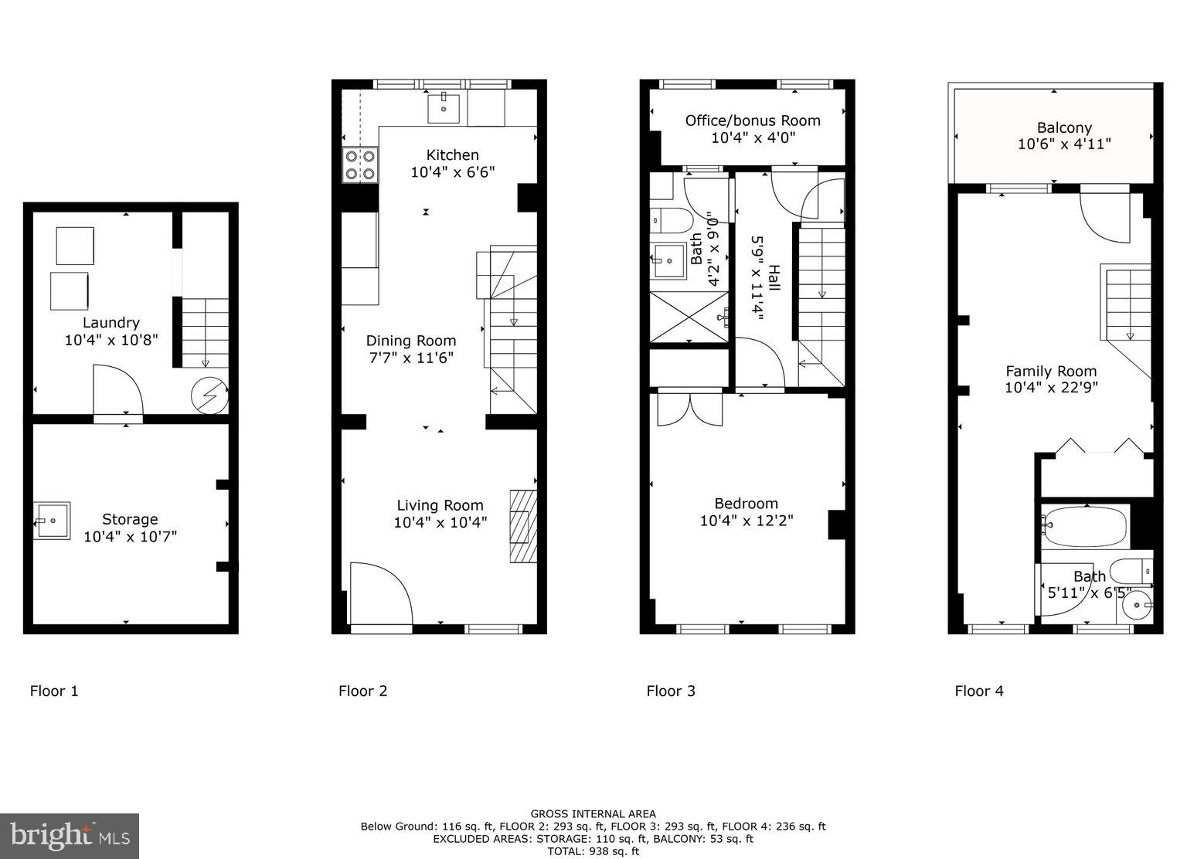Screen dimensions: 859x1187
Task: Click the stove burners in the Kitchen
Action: pyautogui.click(x=360, y=165)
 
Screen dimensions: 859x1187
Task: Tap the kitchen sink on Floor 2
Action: pyautogui.click(x=444, y=107)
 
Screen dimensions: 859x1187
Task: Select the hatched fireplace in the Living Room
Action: pyautogui.click(x=522, y=526)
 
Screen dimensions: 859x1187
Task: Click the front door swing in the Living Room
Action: pyautogui.click(x=379, y=593)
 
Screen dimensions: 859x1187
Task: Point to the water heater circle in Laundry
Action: pyautogui.click(x=209, y=396)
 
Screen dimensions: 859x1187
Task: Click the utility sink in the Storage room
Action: pyautogui.click(x=53, y=521)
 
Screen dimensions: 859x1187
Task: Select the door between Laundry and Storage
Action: pyautogui.click(x=117, y=394)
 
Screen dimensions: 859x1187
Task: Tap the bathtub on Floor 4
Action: pyautogui.click(x=1085, y=527)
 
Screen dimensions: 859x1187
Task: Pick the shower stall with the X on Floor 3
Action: pyautogui.click(x=689, y=316)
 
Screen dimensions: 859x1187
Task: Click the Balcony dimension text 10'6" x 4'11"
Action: pyautogui.click(x=1064, y=144)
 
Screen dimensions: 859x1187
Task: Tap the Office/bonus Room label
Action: pyautogui.click(x=753, y=121)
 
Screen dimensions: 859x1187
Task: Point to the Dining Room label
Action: pyautogui.click(x=410, y=341)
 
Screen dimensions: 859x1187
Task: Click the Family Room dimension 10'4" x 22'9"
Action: pyautogui.click(x=1051, y=388)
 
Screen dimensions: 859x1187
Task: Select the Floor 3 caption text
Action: pyautogui.click(x=671, y=691)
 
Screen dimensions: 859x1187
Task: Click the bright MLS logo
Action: pyautogui.click(x=70, y=836)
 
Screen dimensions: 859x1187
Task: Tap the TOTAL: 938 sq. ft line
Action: pyautogui.click(x=593, y=851)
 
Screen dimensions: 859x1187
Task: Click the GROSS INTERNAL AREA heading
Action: pyautogui.click(x=593, y=813)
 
